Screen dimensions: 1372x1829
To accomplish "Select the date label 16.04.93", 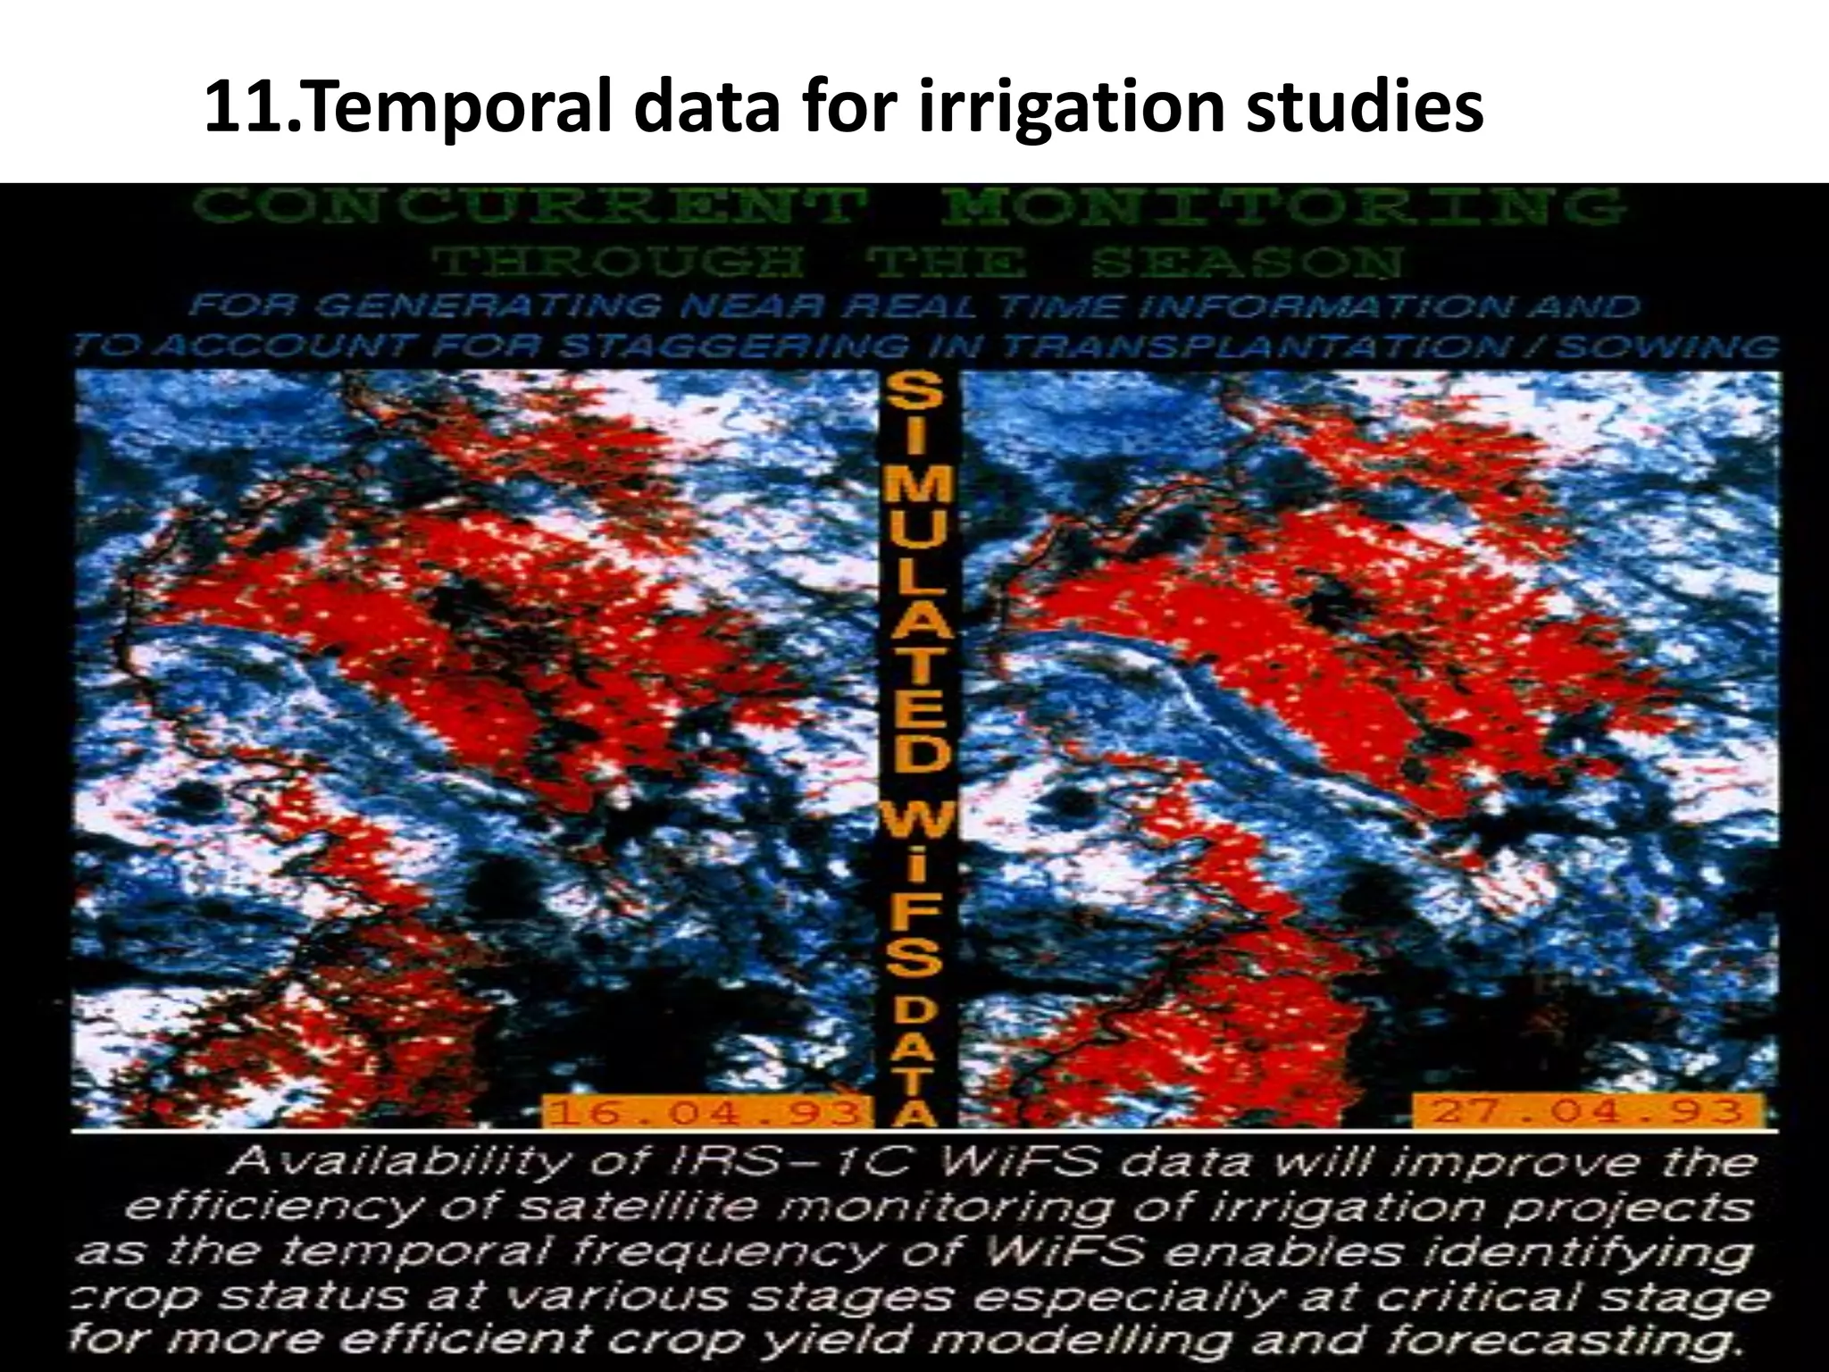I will (x=705, y=1112).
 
